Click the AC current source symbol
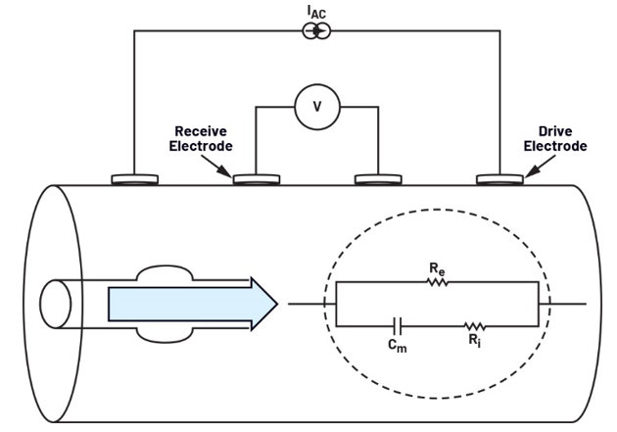[316, 32]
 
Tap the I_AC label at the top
[315, 11]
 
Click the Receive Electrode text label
[203, 139]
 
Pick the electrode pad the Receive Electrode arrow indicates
[256, 180]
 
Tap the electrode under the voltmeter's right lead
[377, 180]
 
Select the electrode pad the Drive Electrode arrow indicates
[498, 180]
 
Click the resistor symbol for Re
[437, 282]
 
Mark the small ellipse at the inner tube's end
[55, 304]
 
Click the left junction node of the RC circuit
[336, 304]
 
